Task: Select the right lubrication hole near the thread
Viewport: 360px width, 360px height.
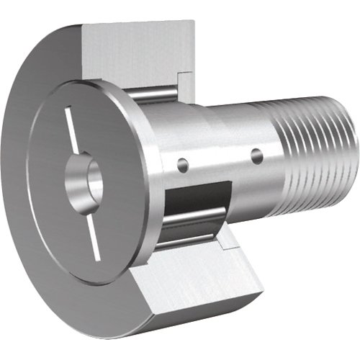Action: [256, 153]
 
